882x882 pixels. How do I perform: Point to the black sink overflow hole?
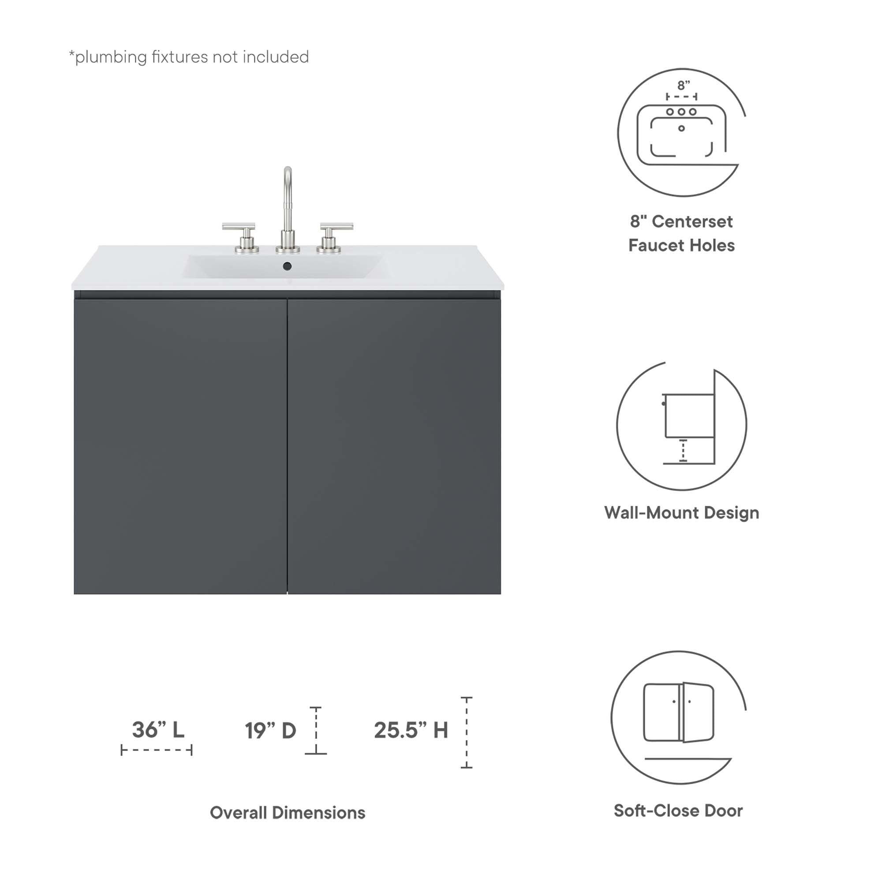(287, 265)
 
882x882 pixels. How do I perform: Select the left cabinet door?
(180, 446)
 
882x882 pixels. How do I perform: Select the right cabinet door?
(394, 446)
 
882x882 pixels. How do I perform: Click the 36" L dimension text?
(158, 729)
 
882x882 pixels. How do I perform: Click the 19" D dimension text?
(270, 730)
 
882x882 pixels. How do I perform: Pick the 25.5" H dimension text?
(411, 730)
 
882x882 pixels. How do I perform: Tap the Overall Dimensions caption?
(288, 813)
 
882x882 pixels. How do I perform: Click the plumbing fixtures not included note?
(189, 57)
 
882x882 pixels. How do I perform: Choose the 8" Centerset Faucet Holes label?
(682, 233)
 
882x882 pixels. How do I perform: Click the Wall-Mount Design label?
(682, 513)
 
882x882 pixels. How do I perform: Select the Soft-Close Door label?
(678, 811)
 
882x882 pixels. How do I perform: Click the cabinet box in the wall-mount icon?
(689, 415)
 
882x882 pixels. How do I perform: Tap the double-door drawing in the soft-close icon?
(679, 712)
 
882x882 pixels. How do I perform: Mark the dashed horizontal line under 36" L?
(157, 750)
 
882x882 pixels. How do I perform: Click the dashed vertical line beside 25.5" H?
(467, 733)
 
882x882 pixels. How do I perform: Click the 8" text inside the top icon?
(684, 86)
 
